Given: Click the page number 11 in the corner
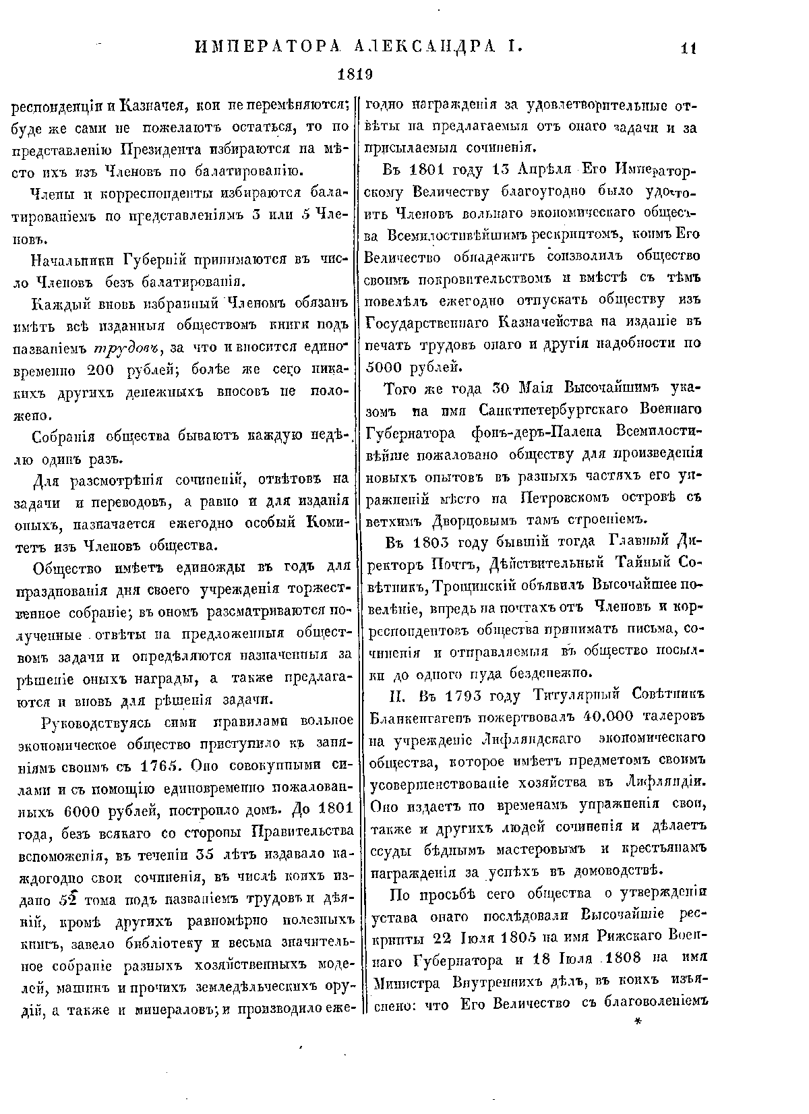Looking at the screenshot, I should click(x=688, y=49).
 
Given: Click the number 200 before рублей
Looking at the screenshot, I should click(x=104, y=370).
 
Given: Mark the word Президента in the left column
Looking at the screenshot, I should click(x=162, y=148).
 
